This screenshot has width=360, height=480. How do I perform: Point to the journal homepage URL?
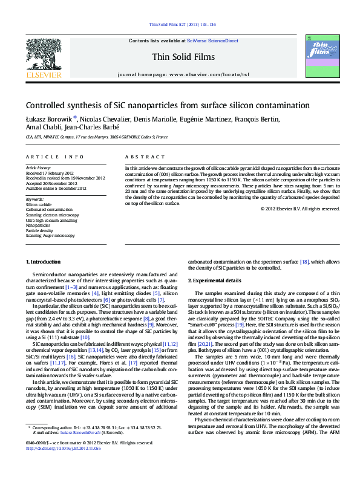209,74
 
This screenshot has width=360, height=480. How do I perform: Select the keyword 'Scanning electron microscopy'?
52,215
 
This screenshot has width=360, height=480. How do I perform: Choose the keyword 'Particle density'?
40,230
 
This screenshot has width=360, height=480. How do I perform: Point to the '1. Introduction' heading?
44,261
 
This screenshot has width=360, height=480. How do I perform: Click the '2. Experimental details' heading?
215,281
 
